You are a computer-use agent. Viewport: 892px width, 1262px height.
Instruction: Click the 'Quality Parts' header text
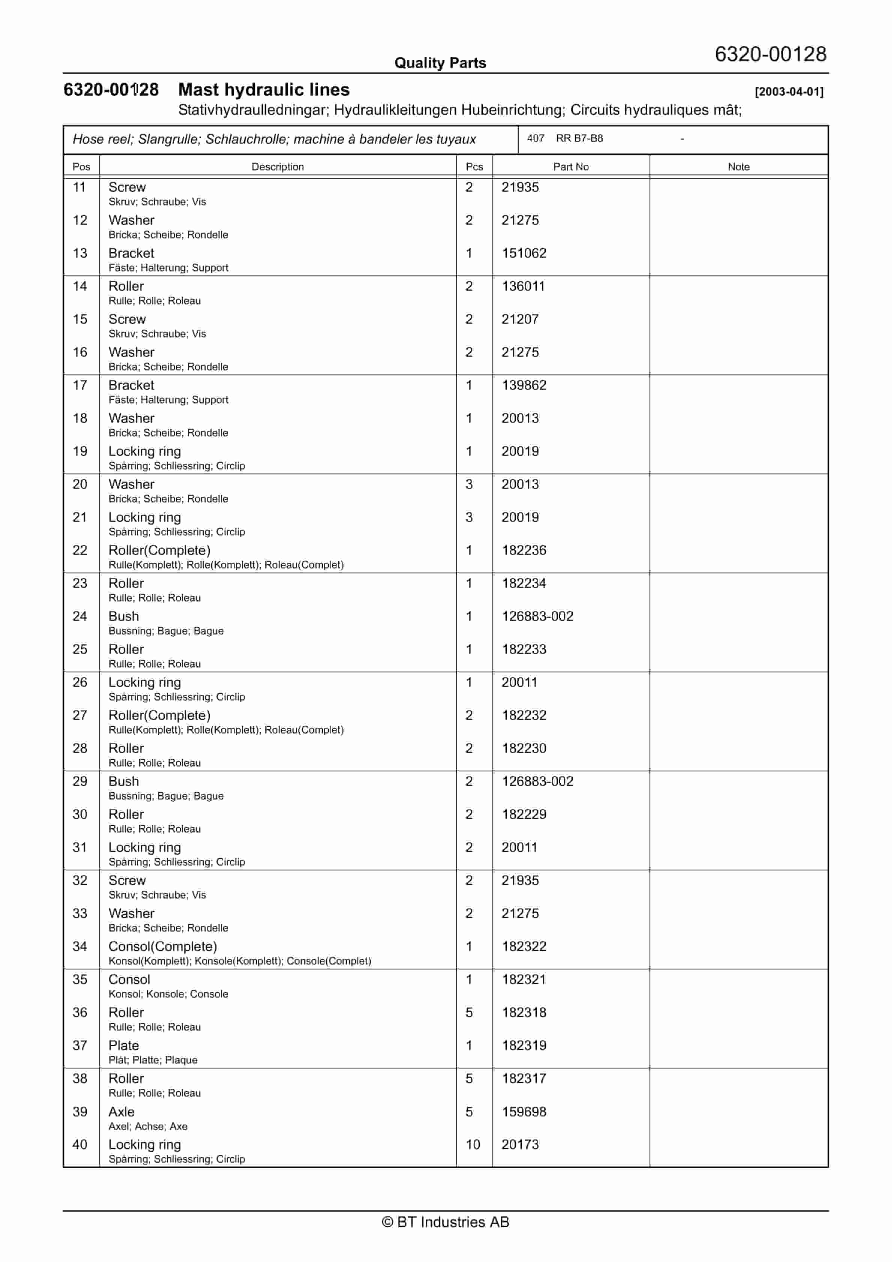(x=440, y=63)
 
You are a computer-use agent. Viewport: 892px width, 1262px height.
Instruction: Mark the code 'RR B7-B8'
(x=579, y=138)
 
